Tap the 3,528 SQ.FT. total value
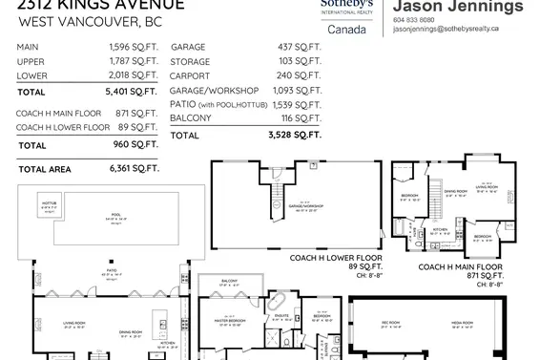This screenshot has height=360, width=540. click(297, 136)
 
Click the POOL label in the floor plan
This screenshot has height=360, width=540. click(117, 216)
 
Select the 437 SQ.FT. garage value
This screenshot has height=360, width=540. click(300, 47)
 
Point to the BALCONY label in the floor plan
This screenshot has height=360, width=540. click(229, 281)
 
